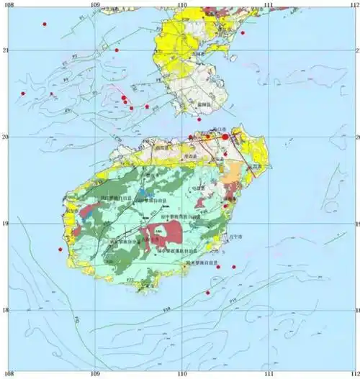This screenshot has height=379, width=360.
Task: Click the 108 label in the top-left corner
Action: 8,5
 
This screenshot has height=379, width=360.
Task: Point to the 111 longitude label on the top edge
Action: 269,5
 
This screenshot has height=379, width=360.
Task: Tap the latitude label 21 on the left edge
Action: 6,50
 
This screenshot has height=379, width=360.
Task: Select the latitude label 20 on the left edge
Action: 6,137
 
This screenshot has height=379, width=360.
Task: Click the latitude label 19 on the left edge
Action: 6,224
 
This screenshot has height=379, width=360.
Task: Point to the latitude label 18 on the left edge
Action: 6,311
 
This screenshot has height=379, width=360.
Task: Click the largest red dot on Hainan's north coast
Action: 225,136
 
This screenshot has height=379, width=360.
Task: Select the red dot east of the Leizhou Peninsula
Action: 243,32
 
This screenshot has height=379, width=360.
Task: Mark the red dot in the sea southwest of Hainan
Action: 60,250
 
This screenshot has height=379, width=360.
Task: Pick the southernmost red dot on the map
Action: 208,293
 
